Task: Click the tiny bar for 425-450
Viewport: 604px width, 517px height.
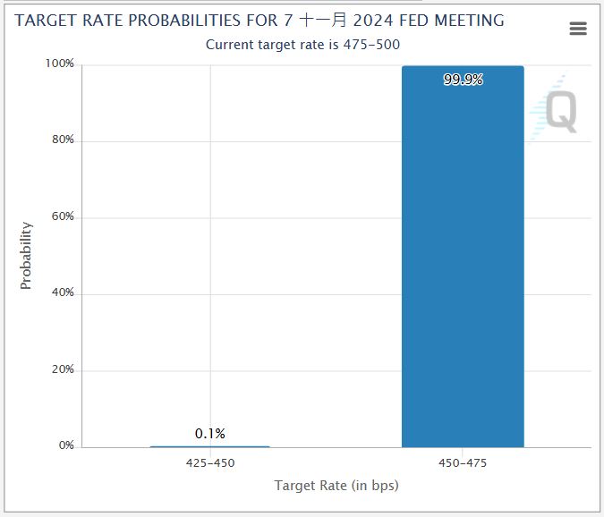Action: [x=209, y=445]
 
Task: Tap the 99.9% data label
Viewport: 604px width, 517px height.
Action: [x=463, y=80]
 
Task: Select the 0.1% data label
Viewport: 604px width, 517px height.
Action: [x=210, y=434]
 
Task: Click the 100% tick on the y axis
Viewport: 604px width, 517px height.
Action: [x=60, y=64]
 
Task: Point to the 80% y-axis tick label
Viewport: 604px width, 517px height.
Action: [x=62, y=140]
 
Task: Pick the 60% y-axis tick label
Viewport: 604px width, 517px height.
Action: [x=62, y=217]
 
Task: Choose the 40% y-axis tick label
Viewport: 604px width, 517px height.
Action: [x=62, y=293]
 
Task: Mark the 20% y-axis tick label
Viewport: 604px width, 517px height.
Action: [x=62, y=369]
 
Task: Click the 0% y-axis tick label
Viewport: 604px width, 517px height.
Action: [x=65, y=445]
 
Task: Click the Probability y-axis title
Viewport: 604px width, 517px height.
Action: [x=26, y=256]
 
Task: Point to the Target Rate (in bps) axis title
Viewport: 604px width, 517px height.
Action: [x=336, y=486]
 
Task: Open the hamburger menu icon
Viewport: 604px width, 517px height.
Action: [x=578, y=29]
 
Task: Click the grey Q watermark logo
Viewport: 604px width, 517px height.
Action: [x=561, y=113]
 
